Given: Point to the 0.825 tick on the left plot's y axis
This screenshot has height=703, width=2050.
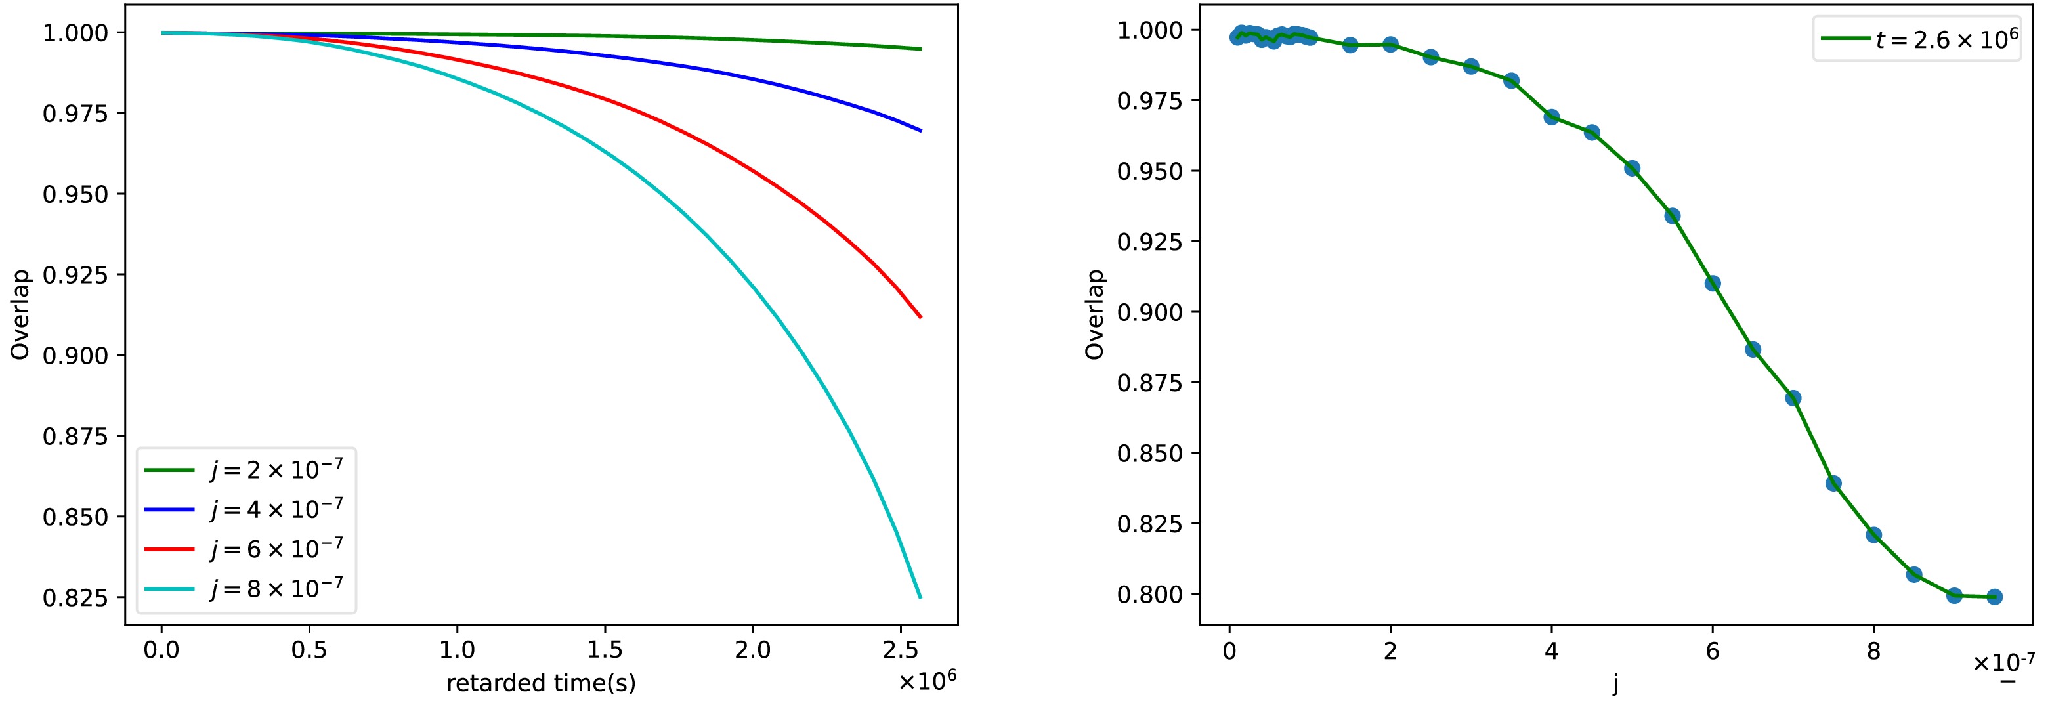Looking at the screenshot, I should click(x=74, y=597).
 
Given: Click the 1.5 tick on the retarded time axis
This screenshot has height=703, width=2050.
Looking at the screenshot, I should click(x=605, y=650).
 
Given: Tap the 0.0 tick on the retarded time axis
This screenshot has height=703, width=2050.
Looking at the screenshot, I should click(x=161, y=650).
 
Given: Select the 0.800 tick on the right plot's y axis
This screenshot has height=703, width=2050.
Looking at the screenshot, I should click(x=1150, y=595).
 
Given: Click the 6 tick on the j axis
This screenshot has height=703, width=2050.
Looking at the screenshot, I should click(x=1713, y=651).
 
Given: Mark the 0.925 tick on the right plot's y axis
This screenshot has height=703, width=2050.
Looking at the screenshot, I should click(x=1150, y=242).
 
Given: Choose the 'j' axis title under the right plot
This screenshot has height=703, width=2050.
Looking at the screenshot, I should click(x=1615, y=683).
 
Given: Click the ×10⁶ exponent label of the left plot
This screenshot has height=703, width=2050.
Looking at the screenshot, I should click(x=927, y=680).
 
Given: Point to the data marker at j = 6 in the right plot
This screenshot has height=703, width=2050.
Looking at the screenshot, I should click(x=1713, y=284).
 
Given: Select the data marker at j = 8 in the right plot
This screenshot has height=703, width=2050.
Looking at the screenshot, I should click(x=1873, y=535).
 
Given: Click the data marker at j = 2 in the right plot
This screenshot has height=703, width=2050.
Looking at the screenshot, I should click(x=1390, y=45).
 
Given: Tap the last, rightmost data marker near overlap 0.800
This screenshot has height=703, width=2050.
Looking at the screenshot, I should click(x=1994, y=596).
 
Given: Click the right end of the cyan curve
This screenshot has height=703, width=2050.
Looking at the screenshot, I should click(x=920, y=596).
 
